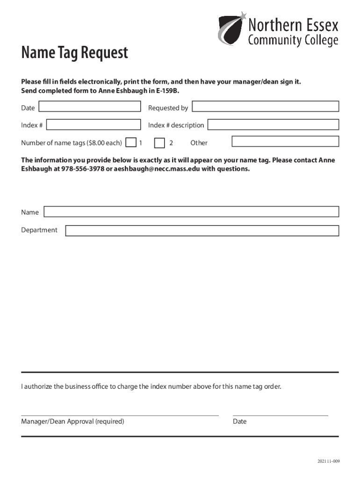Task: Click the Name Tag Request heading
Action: (74, 53)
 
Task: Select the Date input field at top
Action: (89, 107)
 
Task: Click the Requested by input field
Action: (266, 107)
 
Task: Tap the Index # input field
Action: (94, 124)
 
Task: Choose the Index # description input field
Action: (273, 124)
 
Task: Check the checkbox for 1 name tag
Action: (132, 142)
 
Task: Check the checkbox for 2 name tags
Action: (160, 142)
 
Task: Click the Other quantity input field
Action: (285, 141)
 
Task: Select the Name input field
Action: (191, 212)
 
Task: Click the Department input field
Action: (202, 230)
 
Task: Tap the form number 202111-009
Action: (329, 461)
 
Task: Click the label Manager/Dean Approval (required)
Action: (72, 421)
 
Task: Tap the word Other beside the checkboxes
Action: (199, 143)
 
